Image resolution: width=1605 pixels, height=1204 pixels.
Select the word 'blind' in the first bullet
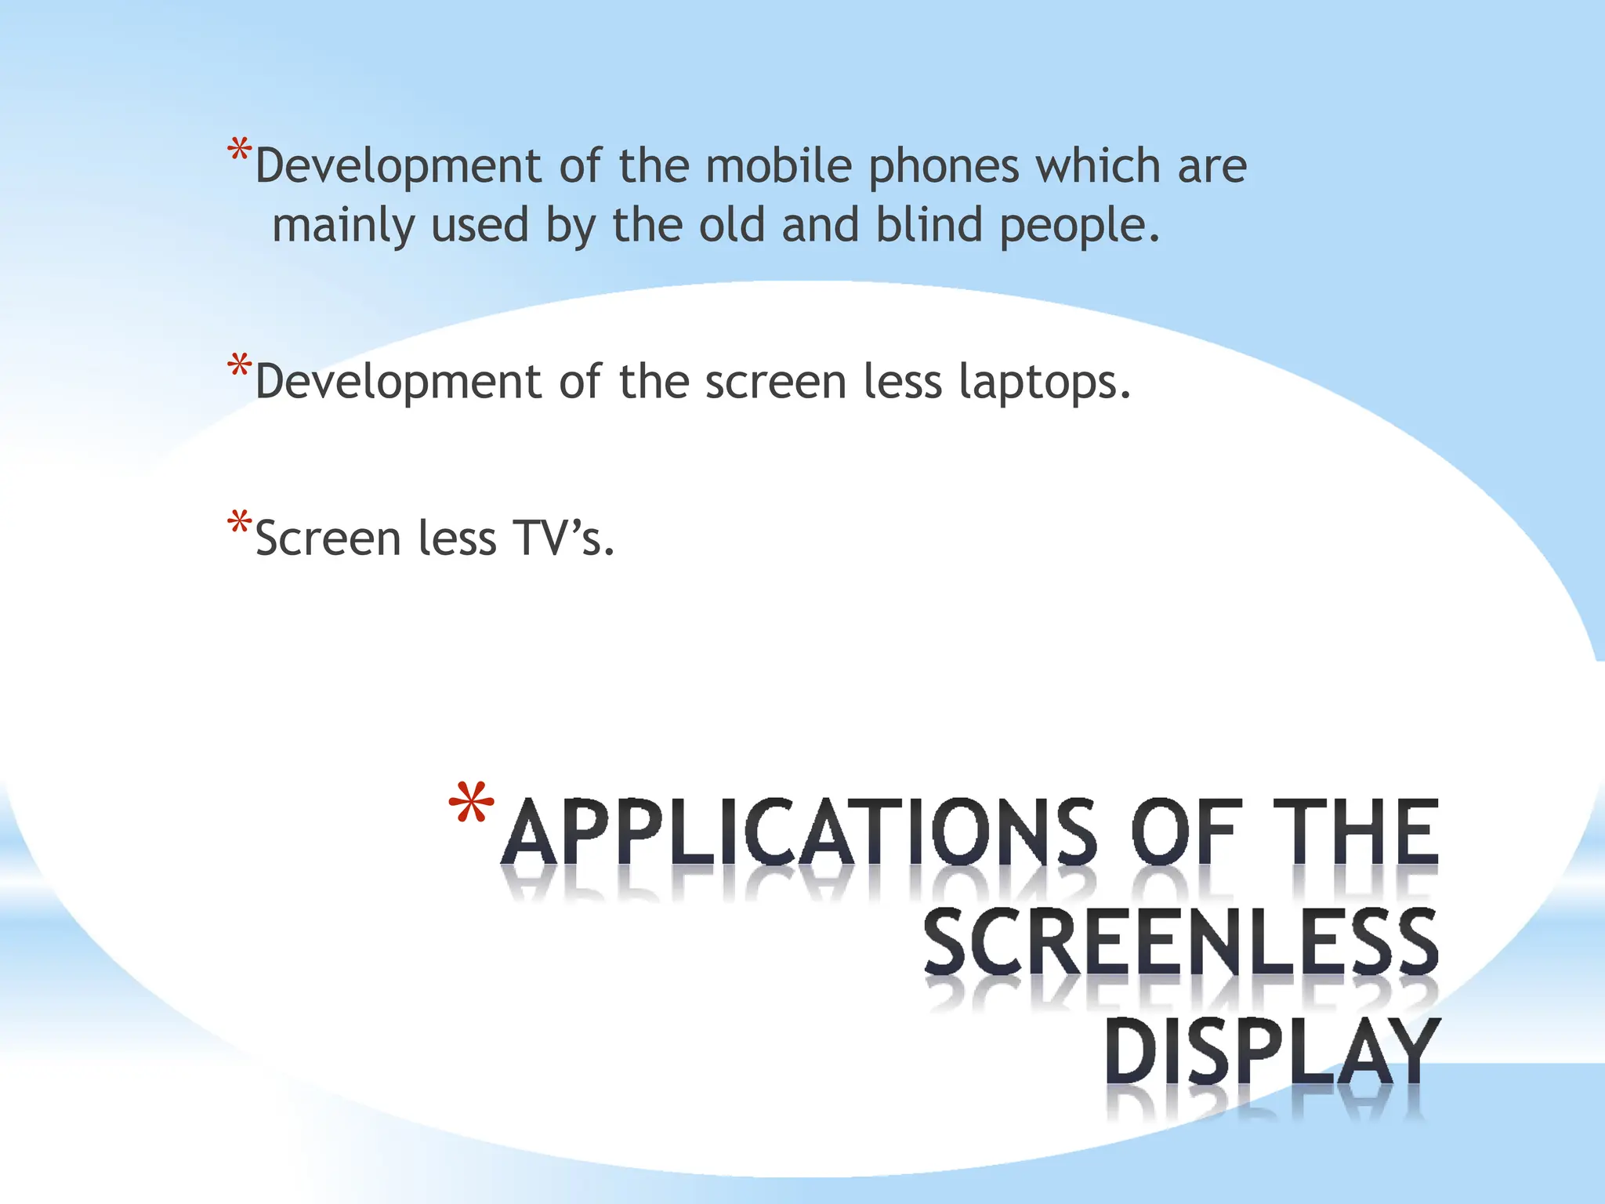click(929, 226)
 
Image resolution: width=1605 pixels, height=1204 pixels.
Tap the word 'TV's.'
click(563, 539)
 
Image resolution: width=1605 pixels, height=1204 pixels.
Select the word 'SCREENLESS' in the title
click(1180, 942)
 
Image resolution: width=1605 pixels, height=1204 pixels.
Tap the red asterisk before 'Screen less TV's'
click(239, 524)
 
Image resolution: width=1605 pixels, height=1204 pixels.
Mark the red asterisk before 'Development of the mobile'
click(239, 150)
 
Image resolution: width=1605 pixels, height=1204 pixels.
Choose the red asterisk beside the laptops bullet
click(239, 367)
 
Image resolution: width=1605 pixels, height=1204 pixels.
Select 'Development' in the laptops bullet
click(398, 383)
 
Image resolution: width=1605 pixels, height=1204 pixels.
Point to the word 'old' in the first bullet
click(731, 226)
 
